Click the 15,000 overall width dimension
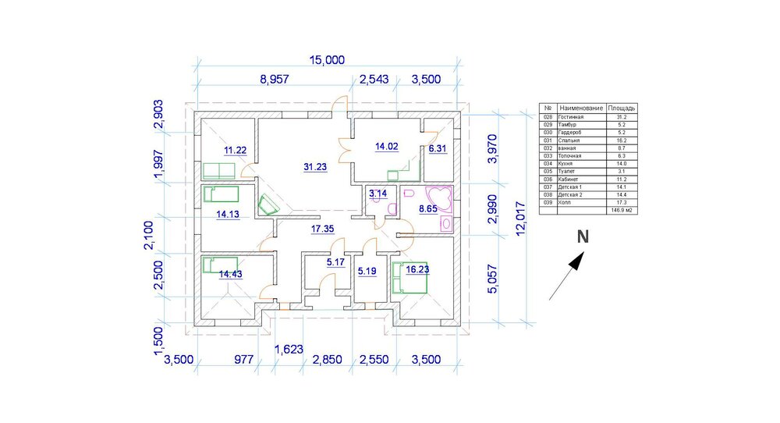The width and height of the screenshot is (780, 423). pyautogui.click(x=327, y=60)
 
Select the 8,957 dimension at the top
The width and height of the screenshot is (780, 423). pyautogui.click(x=275, y=79)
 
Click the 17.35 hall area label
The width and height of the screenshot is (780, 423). pyautogui.click(x=323, y=229)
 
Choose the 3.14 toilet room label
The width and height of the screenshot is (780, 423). pyautogui.click(x=378, y=193)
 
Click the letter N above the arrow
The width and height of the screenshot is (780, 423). pyautogui.click(x=582, y=236)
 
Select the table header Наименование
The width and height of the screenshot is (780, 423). pyautogui.click(x=581, y=108)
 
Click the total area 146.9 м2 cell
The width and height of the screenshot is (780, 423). pyautogui.click(x=622, y=211)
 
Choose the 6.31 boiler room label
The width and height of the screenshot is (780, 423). pyautogui.click(x=438, y=147)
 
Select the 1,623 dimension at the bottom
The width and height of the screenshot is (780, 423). pyautogui.click(x=288, y=348)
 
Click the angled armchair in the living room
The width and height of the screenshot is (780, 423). pyautogui.click(x=269, y=204)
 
